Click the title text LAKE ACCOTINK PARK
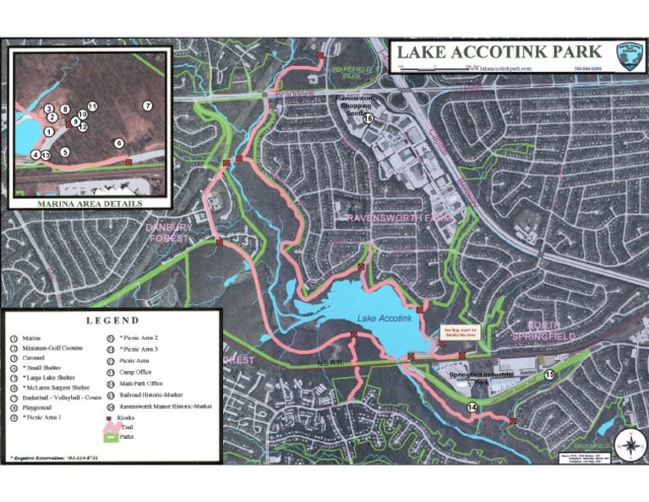[x=499, y=52]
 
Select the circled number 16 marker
[x=368, y=119]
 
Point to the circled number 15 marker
[x=549, y=374]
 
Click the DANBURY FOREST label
[x=169, y=232]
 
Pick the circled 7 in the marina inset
[x=147, y=106]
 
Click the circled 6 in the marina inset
[x=119, y=143]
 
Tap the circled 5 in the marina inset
[x=65, y=152]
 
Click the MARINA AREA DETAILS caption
[x=90, y=204]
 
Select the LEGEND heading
[x=112, y=320]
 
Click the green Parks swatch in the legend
[x=112, y=437]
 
